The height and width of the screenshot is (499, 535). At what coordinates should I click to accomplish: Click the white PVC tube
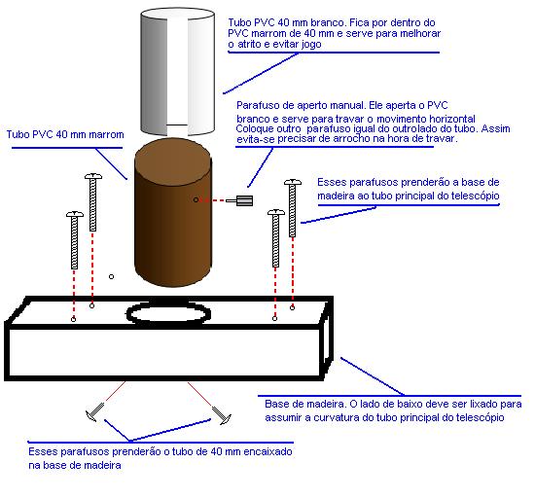pos(177,72)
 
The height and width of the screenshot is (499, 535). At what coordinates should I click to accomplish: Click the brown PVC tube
pos(173,212)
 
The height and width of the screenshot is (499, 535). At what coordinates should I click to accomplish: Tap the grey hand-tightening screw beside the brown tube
pos(239,200)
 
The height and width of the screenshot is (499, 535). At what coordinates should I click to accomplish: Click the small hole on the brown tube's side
pos(196,199)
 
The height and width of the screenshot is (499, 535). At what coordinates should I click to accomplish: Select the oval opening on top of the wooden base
pos(168,322)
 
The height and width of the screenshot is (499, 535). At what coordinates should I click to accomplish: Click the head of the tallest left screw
pos(93,176)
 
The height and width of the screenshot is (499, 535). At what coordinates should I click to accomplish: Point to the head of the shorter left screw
pos(75,214)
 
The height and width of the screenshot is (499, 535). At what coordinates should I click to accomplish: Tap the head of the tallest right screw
pos(293,182)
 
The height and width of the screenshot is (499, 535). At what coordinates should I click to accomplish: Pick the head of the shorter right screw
pos(276,212)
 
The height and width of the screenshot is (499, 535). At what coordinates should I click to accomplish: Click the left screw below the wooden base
pos(94,411)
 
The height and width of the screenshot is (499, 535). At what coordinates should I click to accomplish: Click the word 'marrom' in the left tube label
pos(106,135)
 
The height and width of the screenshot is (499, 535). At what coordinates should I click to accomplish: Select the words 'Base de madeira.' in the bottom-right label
pos(305,405)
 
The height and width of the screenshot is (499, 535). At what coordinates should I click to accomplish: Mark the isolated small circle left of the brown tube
pos(111,276)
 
